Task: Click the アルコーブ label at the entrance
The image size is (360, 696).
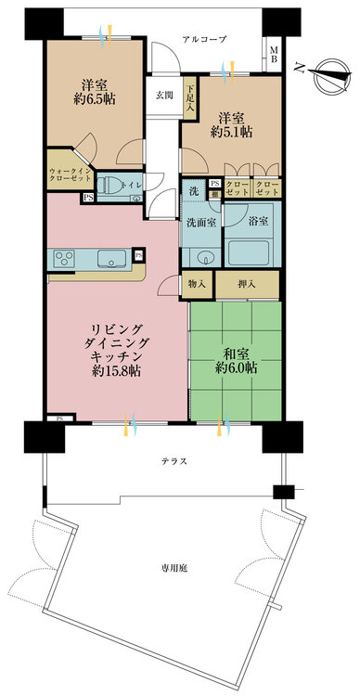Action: tap(204, 39)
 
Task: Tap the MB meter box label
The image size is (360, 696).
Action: tap(274, 54)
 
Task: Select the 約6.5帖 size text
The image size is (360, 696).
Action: tap(92, 97)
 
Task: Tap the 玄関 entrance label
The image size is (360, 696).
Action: tap(163, 96)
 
